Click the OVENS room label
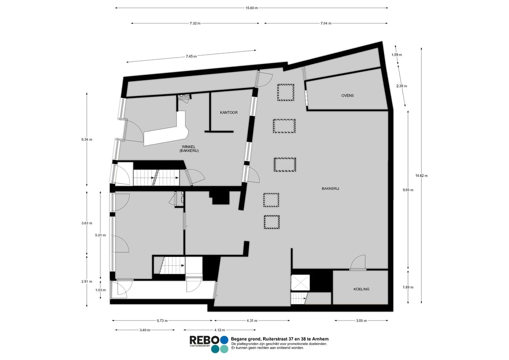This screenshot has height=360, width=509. click(x=347, y=96)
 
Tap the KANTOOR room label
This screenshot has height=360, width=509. click(x=229, y=113)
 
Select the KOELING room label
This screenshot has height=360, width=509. click(x=361, y=289)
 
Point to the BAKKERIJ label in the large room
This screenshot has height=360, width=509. click(x=330, y=188)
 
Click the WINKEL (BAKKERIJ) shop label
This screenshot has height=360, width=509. click(x=189, y=149)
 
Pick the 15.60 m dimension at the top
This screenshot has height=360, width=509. click(x=252, y=8)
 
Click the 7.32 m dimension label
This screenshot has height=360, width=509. click(x=195, y=24)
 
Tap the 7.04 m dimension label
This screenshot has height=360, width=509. click(x=326, y=24)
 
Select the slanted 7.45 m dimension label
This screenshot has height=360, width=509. click(x=191, y=56)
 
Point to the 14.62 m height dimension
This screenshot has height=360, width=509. click(x=421, y=176)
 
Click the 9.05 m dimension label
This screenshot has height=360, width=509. click(x=408, y=190)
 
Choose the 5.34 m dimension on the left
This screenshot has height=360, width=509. click(x=87, y=139)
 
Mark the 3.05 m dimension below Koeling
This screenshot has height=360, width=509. click(x=361, y=321)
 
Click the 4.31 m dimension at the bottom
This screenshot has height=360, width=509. click(x=252, y=321)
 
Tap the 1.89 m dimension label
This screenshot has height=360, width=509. click(x=408, y=287)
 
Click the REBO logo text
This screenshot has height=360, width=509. click(x=205, y=340)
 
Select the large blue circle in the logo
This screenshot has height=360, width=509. click(x=224, y=340)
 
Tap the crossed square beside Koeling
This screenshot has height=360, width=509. click(x=300, y=282)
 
